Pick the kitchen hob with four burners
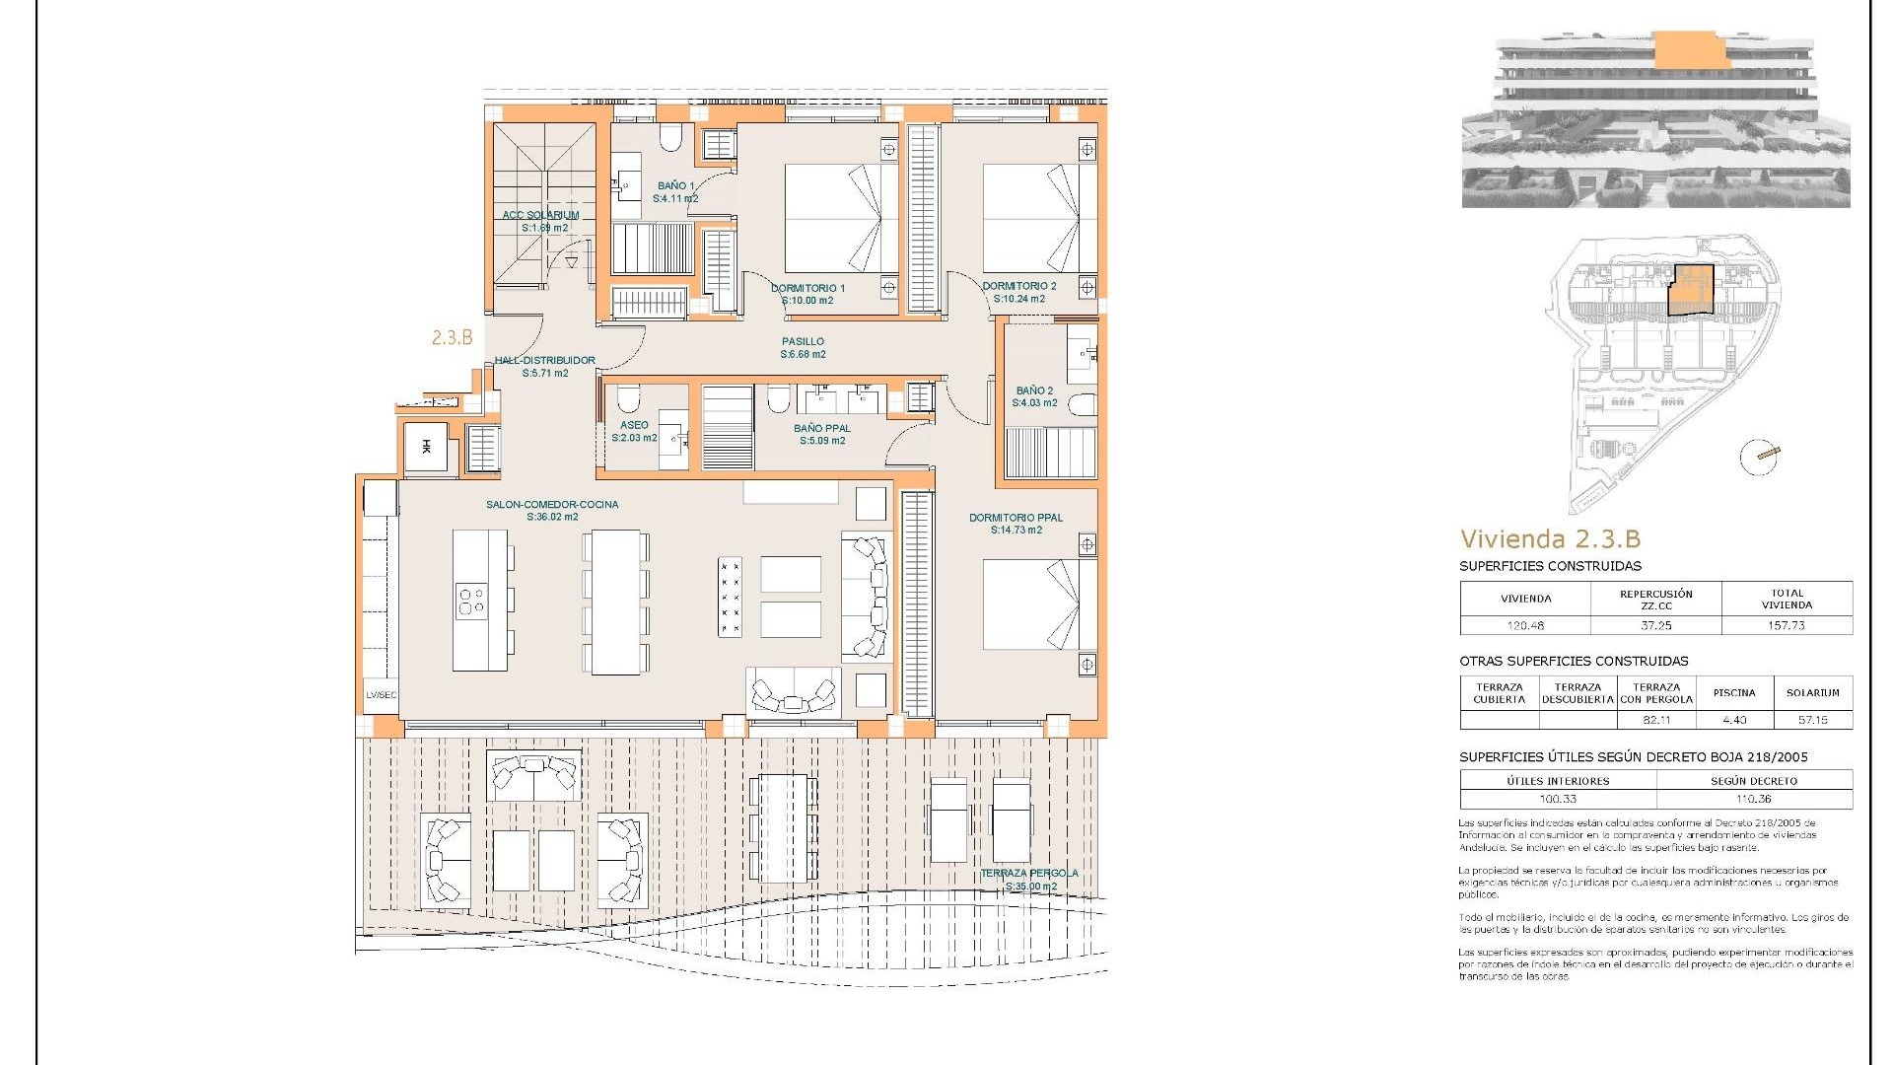point(471,600)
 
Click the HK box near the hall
point(426,448)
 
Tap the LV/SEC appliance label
point(381,694)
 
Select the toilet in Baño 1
point(670,138)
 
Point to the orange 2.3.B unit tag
point(452,337)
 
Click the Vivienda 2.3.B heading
point(1550,538)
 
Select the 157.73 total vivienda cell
point(1787,625)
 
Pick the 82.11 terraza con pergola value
point(1656,720)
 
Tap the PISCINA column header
point(1734,692)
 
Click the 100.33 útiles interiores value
point(1558,799)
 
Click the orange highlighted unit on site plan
point(1690,291)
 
